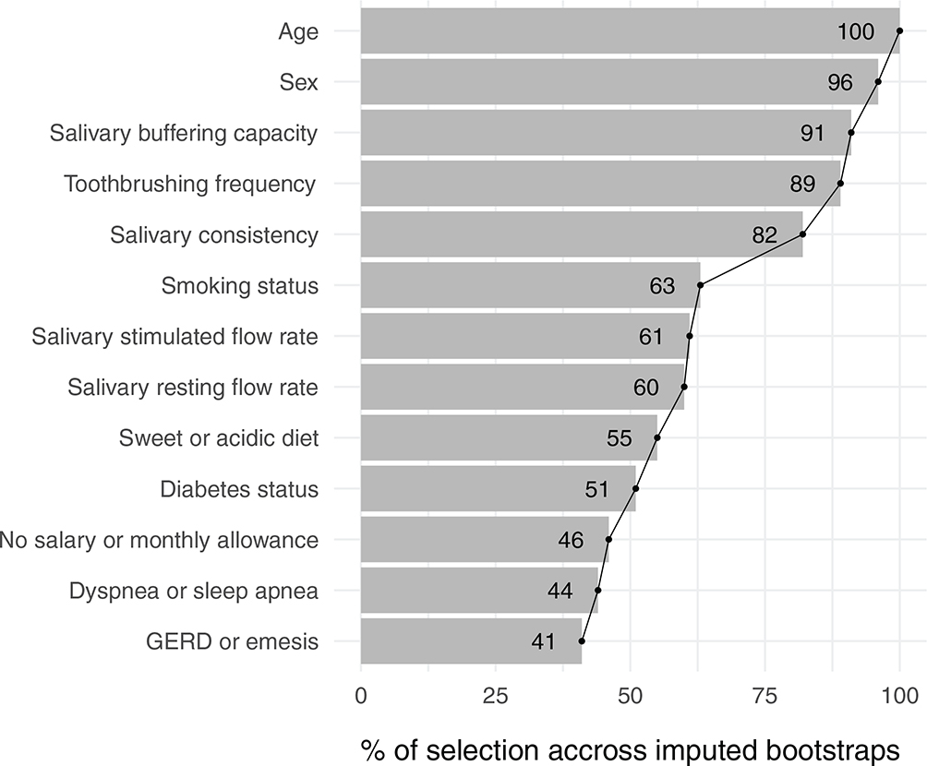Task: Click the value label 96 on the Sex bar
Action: pos(840,82)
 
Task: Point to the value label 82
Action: pos(764,234)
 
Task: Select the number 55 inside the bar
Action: pos(620,437)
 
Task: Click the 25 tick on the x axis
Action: pos(496,694)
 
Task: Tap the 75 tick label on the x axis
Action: pos(765,694)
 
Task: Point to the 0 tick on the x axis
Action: pos(361,694)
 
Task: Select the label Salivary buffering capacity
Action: pos(184,133)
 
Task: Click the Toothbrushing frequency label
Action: pos(190,184)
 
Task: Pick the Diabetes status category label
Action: pos(239,488)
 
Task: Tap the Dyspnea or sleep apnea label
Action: pos(194,590)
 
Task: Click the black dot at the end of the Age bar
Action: pos(899,31)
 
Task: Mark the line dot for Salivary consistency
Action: pos(802,234)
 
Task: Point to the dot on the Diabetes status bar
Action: pos(635,488)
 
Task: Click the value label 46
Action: pos(571,539)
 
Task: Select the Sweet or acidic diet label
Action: pos(219,437)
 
